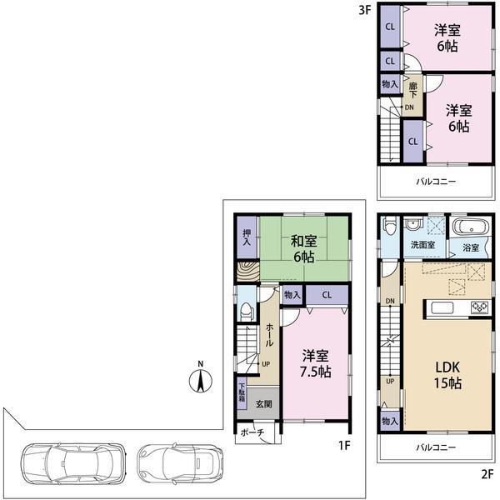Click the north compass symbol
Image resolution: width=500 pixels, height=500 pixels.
coord(200,379)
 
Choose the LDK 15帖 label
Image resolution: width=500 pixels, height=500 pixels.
coord(447,375)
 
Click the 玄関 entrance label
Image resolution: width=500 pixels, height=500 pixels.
coord(263,404)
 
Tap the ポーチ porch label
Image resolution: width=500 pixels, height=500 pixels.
coord(252,433)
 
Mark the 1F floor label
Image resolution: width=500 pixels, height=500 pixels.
coord(343,445)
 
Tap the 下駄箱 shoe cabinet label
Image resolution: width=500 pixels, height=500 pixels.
coord(242,392)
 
